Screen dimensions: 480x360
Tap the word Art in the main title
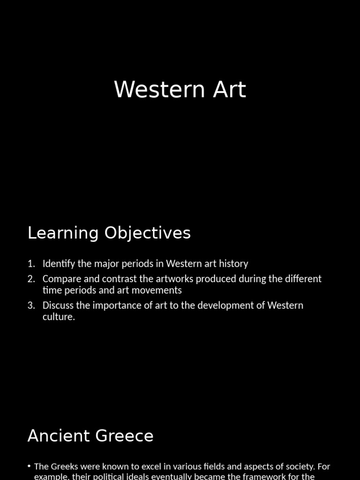pyautogui.click(x=229, y=90)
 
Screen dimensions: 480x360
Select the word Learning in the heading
pyautogui.click(x=63, y=233)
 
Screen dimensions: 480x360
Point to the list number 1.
pyautogui.click(x=31, y=264)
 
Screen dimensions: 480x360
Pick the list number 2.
pyautogui.click(x=31, y=279)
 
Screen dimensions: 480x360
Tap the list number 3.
pyautogui.click(x=31, y=306)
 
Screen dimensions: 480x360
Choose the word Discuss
pyautogui.click(x=58, y=306)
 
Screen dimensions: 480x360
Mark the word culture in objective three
pyautogui.click(x=59, y=317)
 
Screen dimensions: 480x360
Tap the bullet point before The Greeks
pyautogui.click(x=30, y=466)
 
